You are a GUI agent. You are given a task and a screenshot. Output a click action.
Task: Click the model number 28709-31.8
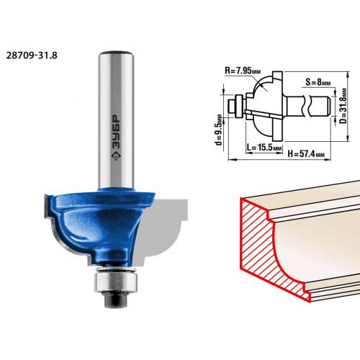[x=32, y=55]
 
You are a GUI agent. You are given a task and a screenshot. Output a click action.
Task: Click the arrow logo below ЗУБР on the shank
[x=116, y=156]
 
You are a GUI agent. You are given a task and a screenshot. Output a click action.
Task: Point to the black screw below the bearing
[x=116, y=300]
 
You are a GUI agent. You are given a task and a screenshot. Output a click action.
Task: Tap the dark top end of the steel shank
[x=116, y=53]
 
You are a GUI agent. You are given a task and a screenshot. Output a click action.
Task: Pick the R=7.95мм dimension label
[x=243, y=71]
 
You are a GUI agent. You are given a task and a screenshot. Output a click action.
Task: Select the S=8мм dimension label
[x=318, y=82]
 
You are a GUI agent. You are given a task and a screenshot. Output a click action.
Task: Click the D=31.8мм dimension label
[x=343, y=106]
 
